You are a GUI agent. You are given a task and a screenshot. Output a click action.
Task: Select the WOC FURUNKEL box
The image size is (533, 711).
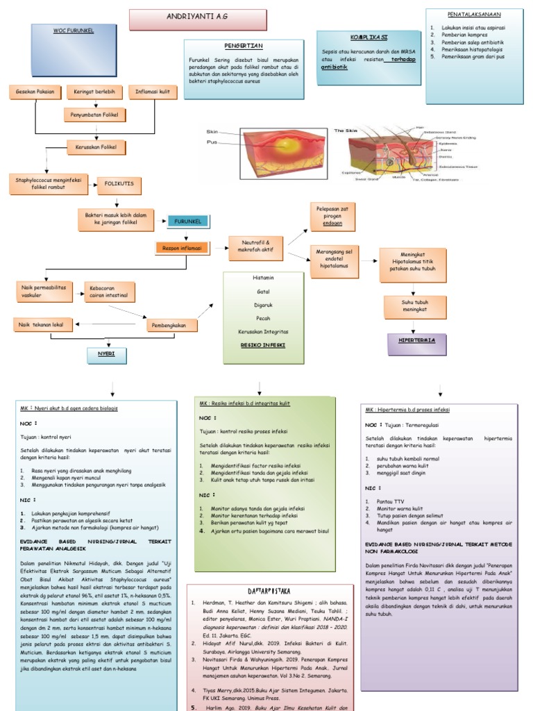[73, 32]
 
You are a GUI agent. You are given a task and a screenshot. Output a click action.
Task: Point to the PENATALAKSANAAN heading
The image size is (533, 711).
[474, 14]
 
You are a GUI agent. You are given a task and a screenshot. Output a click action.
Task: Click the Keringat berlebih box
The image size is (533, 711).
[94, 91]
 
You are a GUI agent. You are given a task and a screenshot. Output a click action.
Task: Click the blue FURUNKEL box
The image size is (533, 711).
[187, 221]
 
